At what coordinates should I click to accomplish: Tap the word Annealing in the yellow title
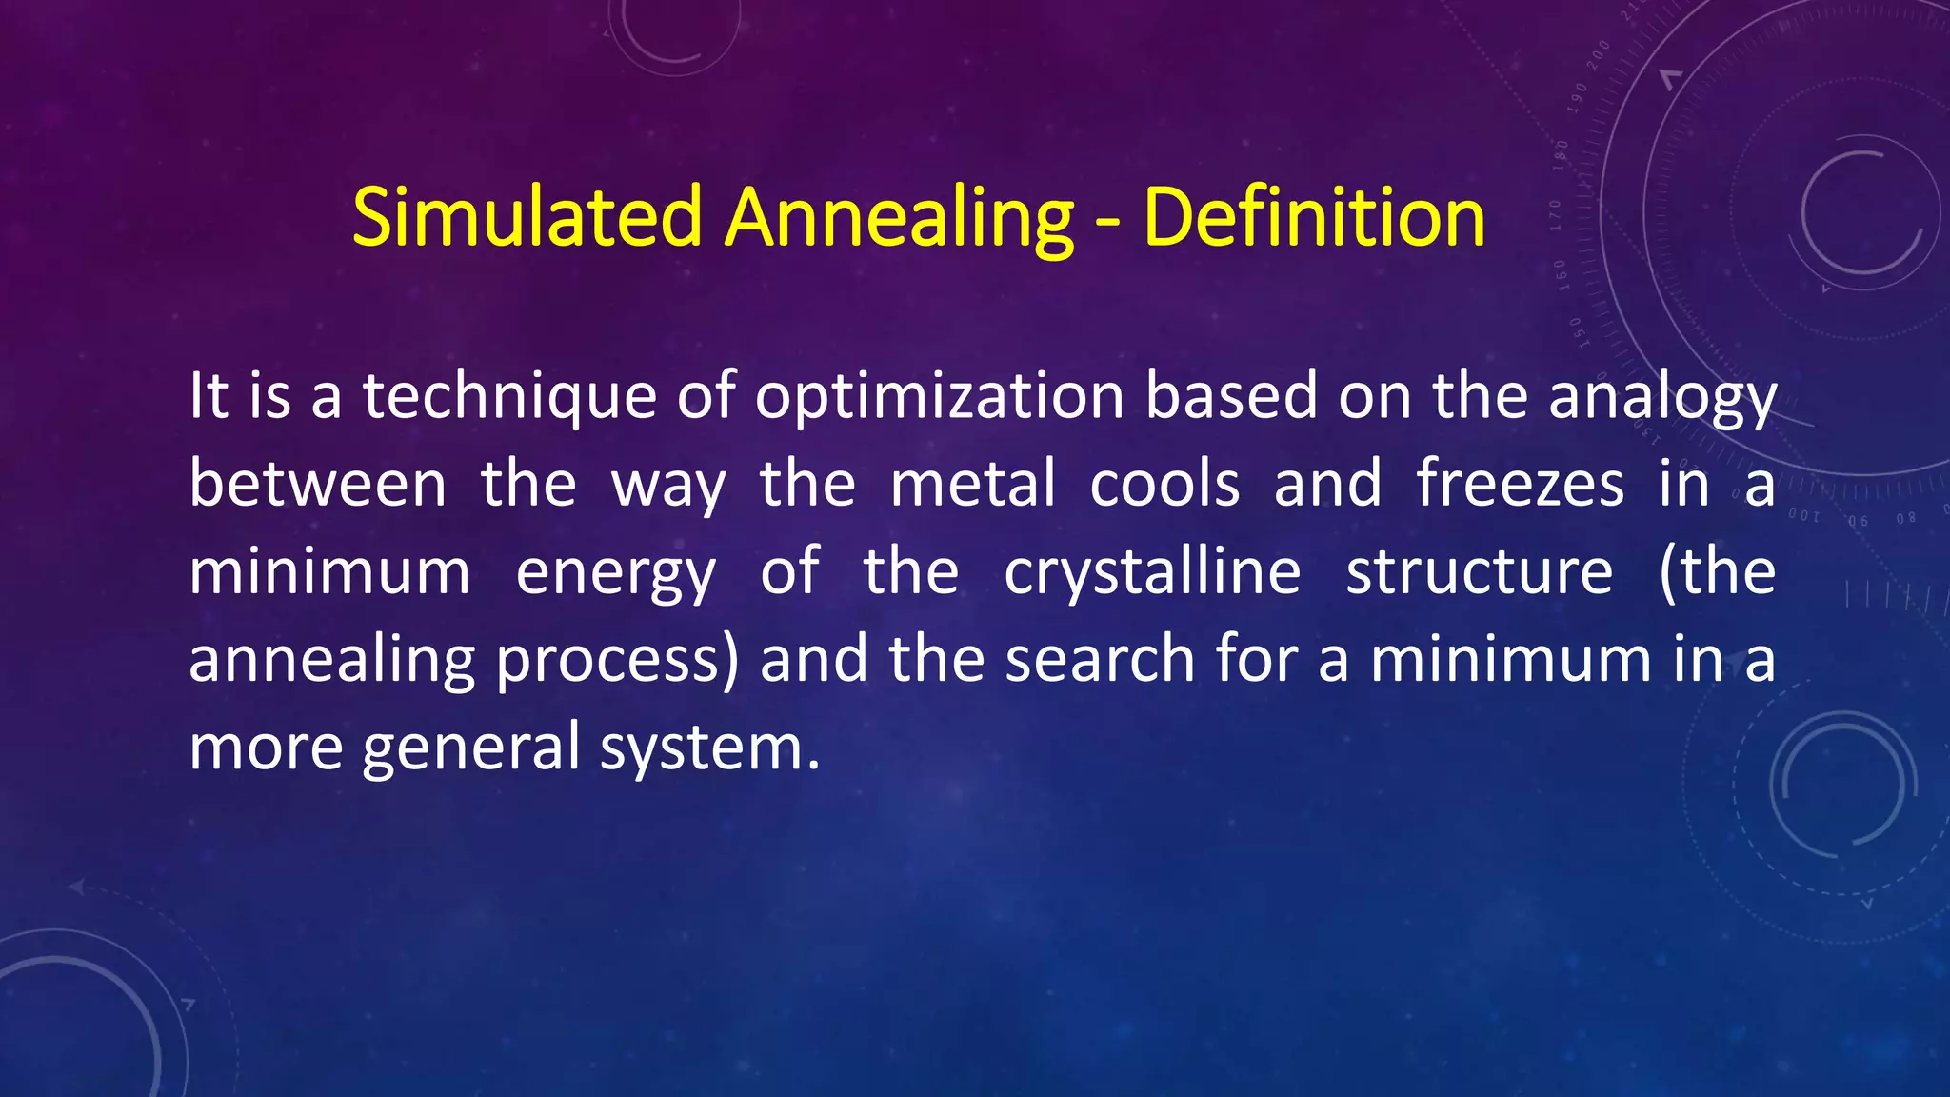tap(900, 219)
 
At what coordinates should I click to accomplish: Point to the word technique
tap(509, 397)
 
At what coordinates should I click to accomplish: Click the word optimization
tap(940, 397)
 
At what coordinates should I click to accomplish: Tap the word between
tap(317, 484)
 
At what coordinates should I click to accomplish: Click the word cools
tap(1164, 484)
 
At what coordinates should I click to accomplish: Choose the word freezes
tap(1520, 484)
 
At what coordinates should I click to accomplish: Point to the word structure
tap(1479, 572)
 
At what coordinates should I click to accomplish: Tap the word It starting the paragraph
tap(209, 397)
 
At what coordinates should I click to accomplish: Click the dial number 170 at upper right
tap(1555, 216)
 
